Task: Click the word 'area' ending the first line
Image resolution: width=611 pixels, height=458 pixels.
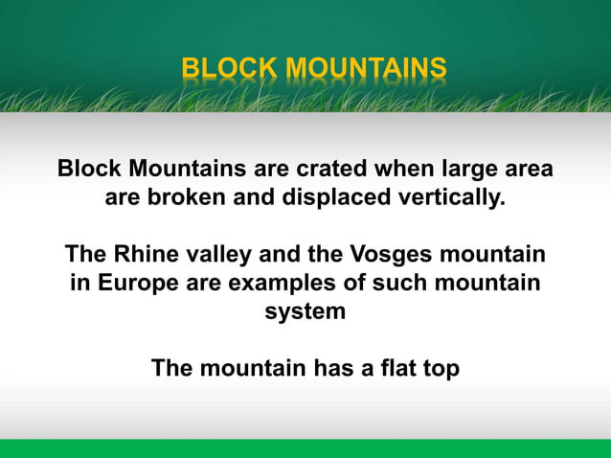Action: pyautogui.click(x=528, y=171)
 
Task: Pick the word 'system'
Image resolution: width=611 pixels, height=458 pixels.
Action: pyautogui.click(x=305, y=311)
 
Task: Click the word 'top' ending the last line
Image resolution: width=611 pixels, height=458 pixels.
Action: pyautogui.click(x=439, y=369)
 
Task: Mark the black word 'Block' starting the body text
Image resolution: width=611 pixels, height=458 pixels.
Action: pyautogui.click(x=90, y=171)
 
